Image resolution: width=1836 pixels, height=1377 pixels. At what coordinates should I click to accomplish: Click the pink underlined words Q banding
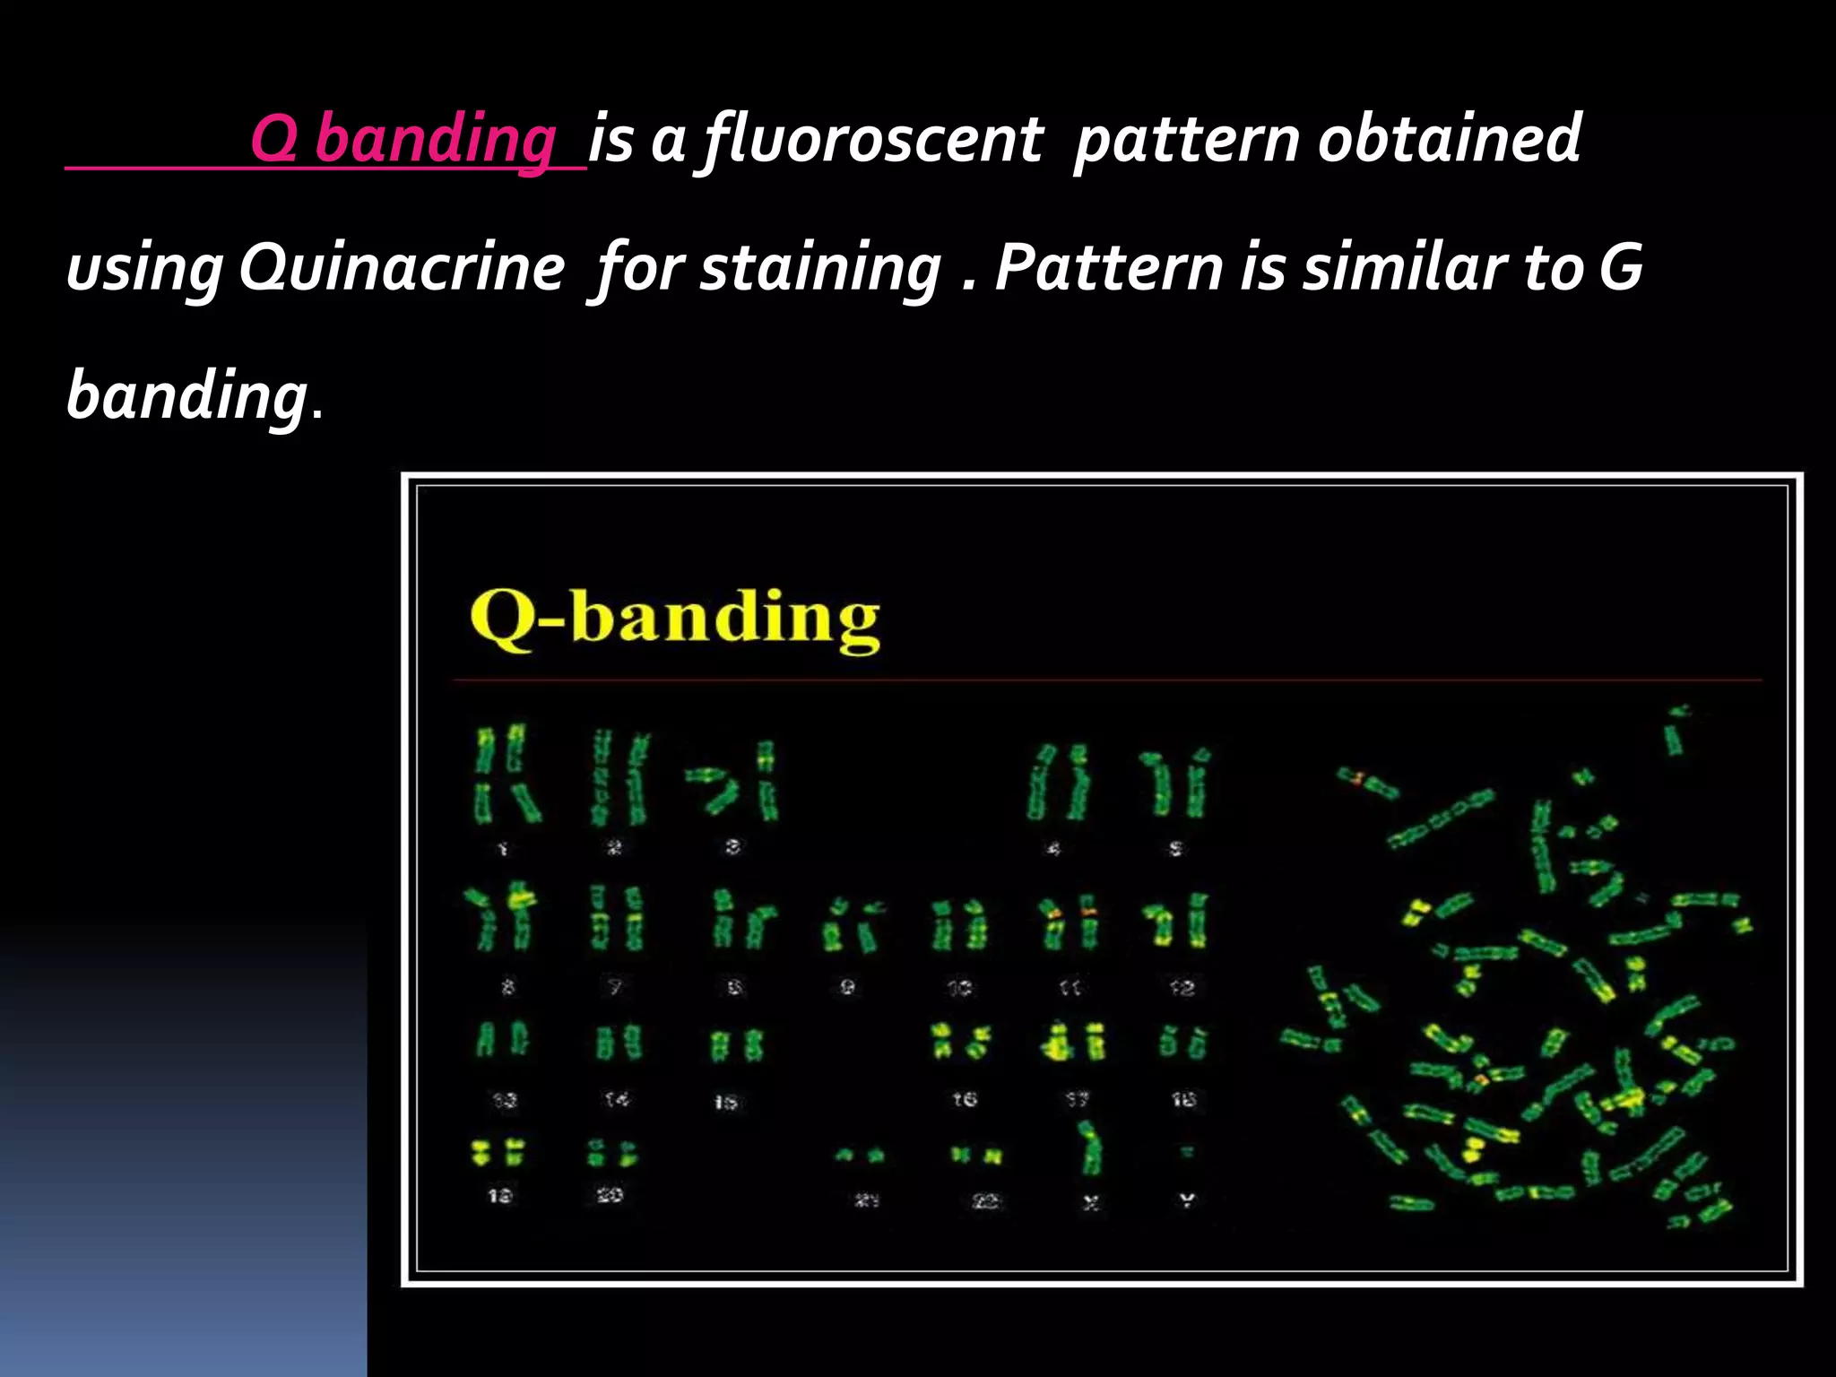pos(403,141)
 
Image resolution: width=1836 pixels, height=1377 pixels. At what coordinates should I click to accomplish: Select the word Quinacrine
pos(403,269)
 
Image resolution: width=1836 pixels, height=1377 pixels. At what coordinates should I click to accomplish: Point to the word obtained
pos(1449,139)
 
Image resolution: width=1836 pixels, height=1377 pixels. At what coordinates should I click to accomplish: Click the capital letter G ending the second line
pos(1621,267)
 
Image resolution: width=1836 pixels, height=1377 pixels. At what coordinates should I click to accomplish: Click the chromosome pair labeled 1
pos(506,775)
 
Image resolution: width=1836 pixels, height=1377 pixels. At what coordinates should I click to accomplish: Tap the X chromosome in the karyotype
pos(1089,1148)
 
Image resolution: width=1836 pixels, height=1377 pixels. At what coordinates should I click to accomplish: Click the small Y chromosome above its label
pos(1187,1151)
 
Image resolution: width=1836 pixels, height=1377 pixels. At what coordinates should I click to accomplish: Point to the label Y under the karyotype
pos(1187,1199)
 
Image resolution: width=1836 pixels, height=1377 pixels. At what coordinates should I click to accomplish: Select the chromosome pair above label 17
pos(1074,1043)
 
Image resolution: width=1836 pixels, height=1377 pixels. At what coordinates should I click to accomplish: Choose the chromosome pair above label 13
pos(502,1040)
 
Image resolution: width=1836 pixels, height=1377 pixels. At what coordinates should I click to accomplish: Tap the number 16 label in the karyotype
pos(965,1099)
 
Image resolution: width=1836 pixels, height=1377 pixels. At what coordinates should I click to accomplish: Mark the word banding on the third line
pos(186,396)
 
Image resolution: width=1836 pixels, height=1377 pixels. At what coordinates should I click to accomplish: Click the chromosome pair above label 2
pos(619,778)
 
